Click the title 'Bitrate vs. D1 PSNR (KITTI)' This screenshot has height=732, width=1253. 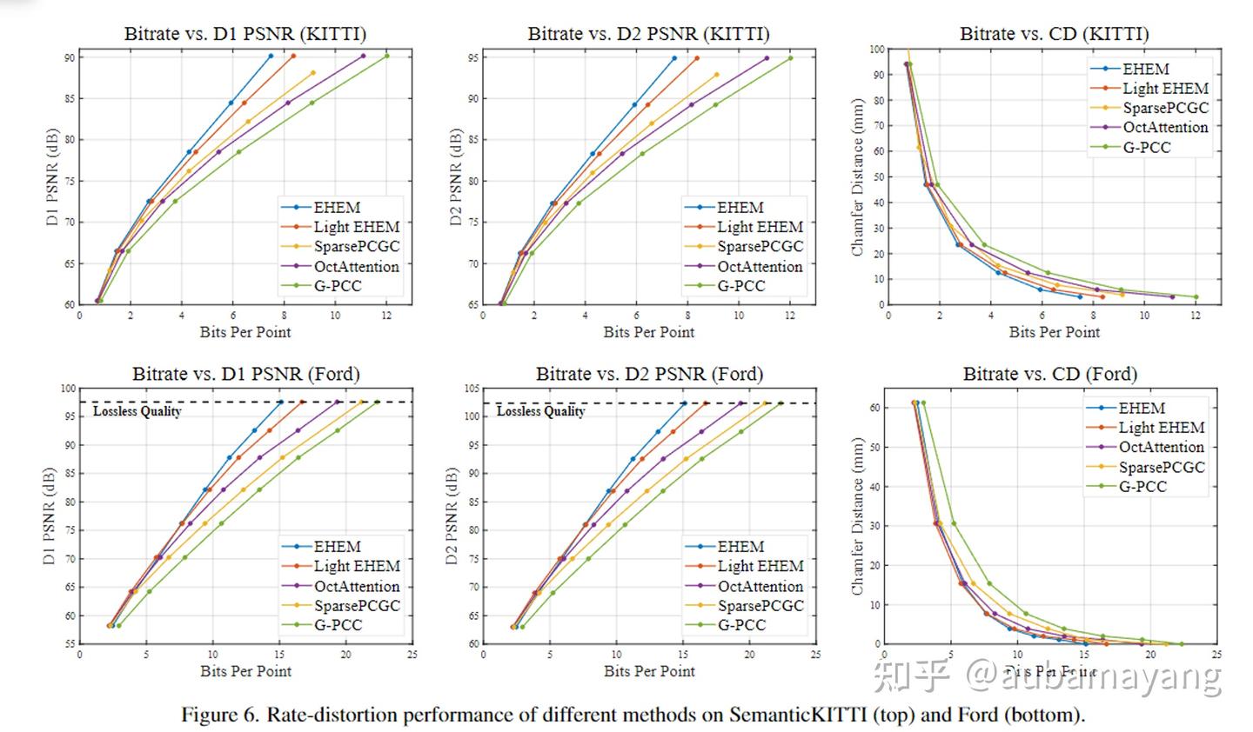point(245,34)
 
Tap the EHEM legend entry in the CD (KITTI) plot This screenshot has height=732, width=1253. point(1145,69)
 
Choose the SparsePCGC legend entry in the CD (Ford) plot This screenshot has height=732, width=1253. point(1161,467)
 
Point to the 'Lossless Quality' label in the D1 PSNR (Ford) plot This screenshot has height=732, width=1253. point(137,411)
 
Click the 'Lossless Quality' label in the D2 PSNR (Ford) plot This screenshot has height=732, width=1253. point(540,411)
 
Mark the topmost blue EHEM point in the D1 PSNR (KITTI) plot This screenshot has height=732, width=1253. point(271,56)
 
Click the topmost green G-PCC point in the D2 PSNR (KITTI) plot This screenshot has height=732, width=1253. point(790,58)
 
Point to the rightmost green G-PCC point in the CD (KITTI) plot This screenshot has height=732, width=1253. point(1196,297)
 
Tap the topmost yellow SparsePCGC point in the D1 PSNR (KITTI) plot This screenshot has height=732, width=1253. point(313,73)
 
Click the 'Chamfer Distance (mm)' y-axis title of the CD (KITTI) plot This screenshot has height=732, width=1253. point(858,176)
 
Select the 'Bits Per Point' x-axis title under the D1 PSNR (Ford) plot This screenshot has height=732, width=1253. point(245,670)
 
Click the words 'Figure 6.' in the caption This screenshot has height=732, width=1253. point(220,715)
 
